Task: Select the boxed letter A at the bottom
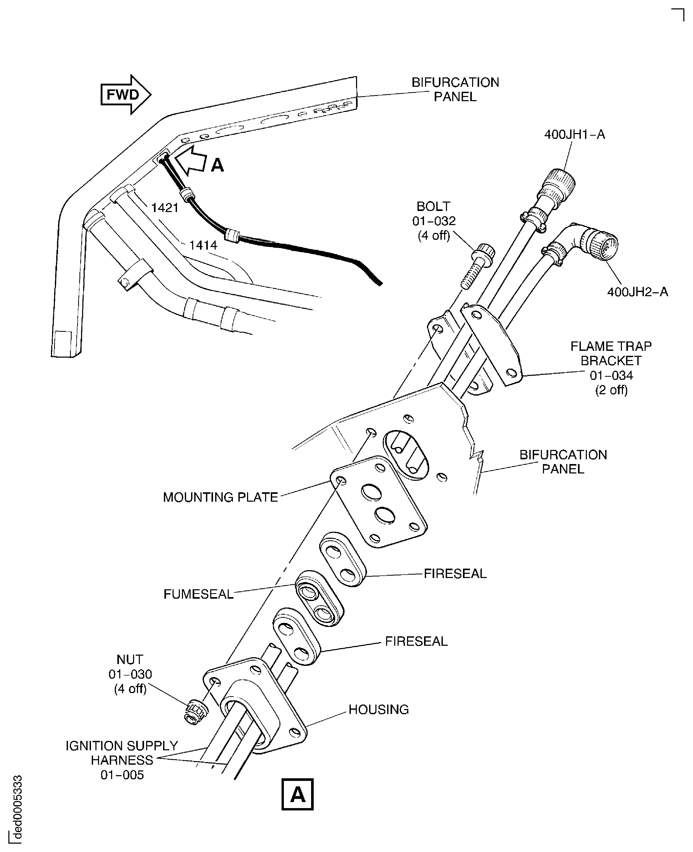[297, 794]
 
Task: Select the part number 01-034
[611, 375]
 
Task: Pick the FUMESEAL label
[198, 594]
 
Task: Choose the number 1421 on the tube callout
[164, 208]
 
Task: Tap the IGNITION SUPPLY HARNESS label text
[122, 753]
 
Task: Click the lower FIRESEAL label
[416, 642]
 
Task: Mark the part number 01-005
[122, 775]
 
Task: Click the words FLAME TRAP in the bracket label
[611, 346]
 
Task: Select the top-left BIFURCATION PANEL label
[455, 89]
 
